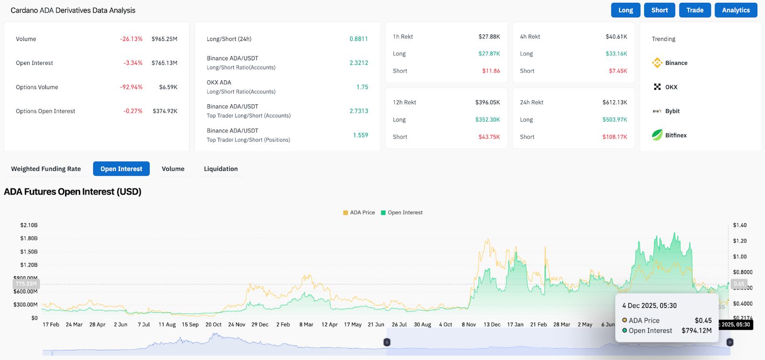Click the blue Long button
[x=625, y=10]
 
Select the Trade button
[x=695, y=10]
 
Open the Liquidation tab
[x=220, y=169]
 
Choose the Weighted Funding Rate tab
[x=46, y=169]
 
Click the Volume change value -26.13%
[x=131, y=39]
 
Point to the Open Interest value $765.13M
[x=164, y=63]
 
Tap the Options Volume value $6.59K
[x=168, y=87]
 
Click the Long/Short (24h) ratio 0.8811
[x=359, y=39]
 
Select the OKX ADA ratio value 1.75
[x=362, y=87]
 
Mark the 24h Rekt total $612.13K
[x=614, y=102]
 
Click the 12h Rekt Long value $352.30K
[x=487, y=120]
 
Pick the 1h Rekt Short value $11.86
[x=491, y=71]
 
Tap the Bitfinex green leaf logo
[x=657, y=135]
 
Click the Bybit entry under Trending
[x=672, y=111]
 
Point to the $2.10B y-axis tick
[x=29, y=225]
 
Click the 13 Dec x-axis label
[x=492, y=325]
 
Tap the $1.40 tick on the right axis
[x=740, y=225]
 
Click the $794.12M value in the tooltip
[x=696, y=331]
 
